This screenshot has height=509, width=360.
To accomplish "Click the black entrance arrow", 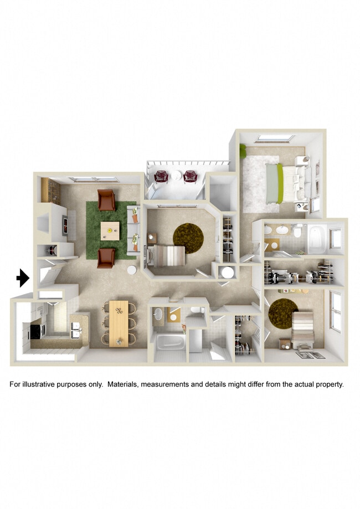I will (x=22, y=277).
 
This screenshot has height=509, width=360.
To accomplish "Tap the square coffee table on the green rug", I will (x=110, y=230).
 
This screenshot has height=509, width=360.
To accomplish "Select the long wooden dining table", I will (x=119, y=323).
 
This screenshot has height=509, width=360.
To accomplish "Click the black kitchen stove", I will (x=37, y=331).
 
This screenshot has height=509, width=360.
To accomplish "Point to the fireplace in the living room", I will (x=65, y=226).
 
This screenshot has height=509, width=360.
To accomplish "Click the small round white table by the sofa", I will (x=132, y=271).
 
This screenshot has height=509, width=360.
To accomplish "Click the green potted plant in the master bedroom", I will (x=243, y=150).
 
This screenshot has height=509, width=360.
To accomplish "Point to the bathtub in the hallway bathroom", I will (x=168, y=341).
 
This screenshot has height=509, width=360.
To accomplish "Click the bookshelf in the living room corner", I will (x=45, y=190).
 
